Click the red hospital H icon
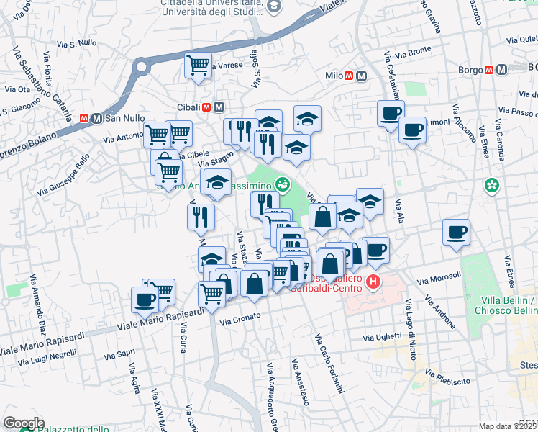pyautogui.click(x=373, y=282)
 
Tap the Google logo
pyautogui.click(x=24, y=423)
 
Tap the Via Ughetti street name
pyautogui.click(x=382, y=336)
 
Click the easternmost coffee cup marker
pyautogui.click(x=456, y=233)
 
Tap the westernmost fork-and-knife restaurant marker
pyautogui.click(x=201, y=216)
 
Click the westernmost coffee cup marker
pyautogui.click(x=145, y=300)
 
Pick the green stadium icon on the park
pyautogui.click(x=283, y=184)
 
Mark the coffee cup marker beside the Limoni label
pyautogui.click(x=412, y=131)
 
